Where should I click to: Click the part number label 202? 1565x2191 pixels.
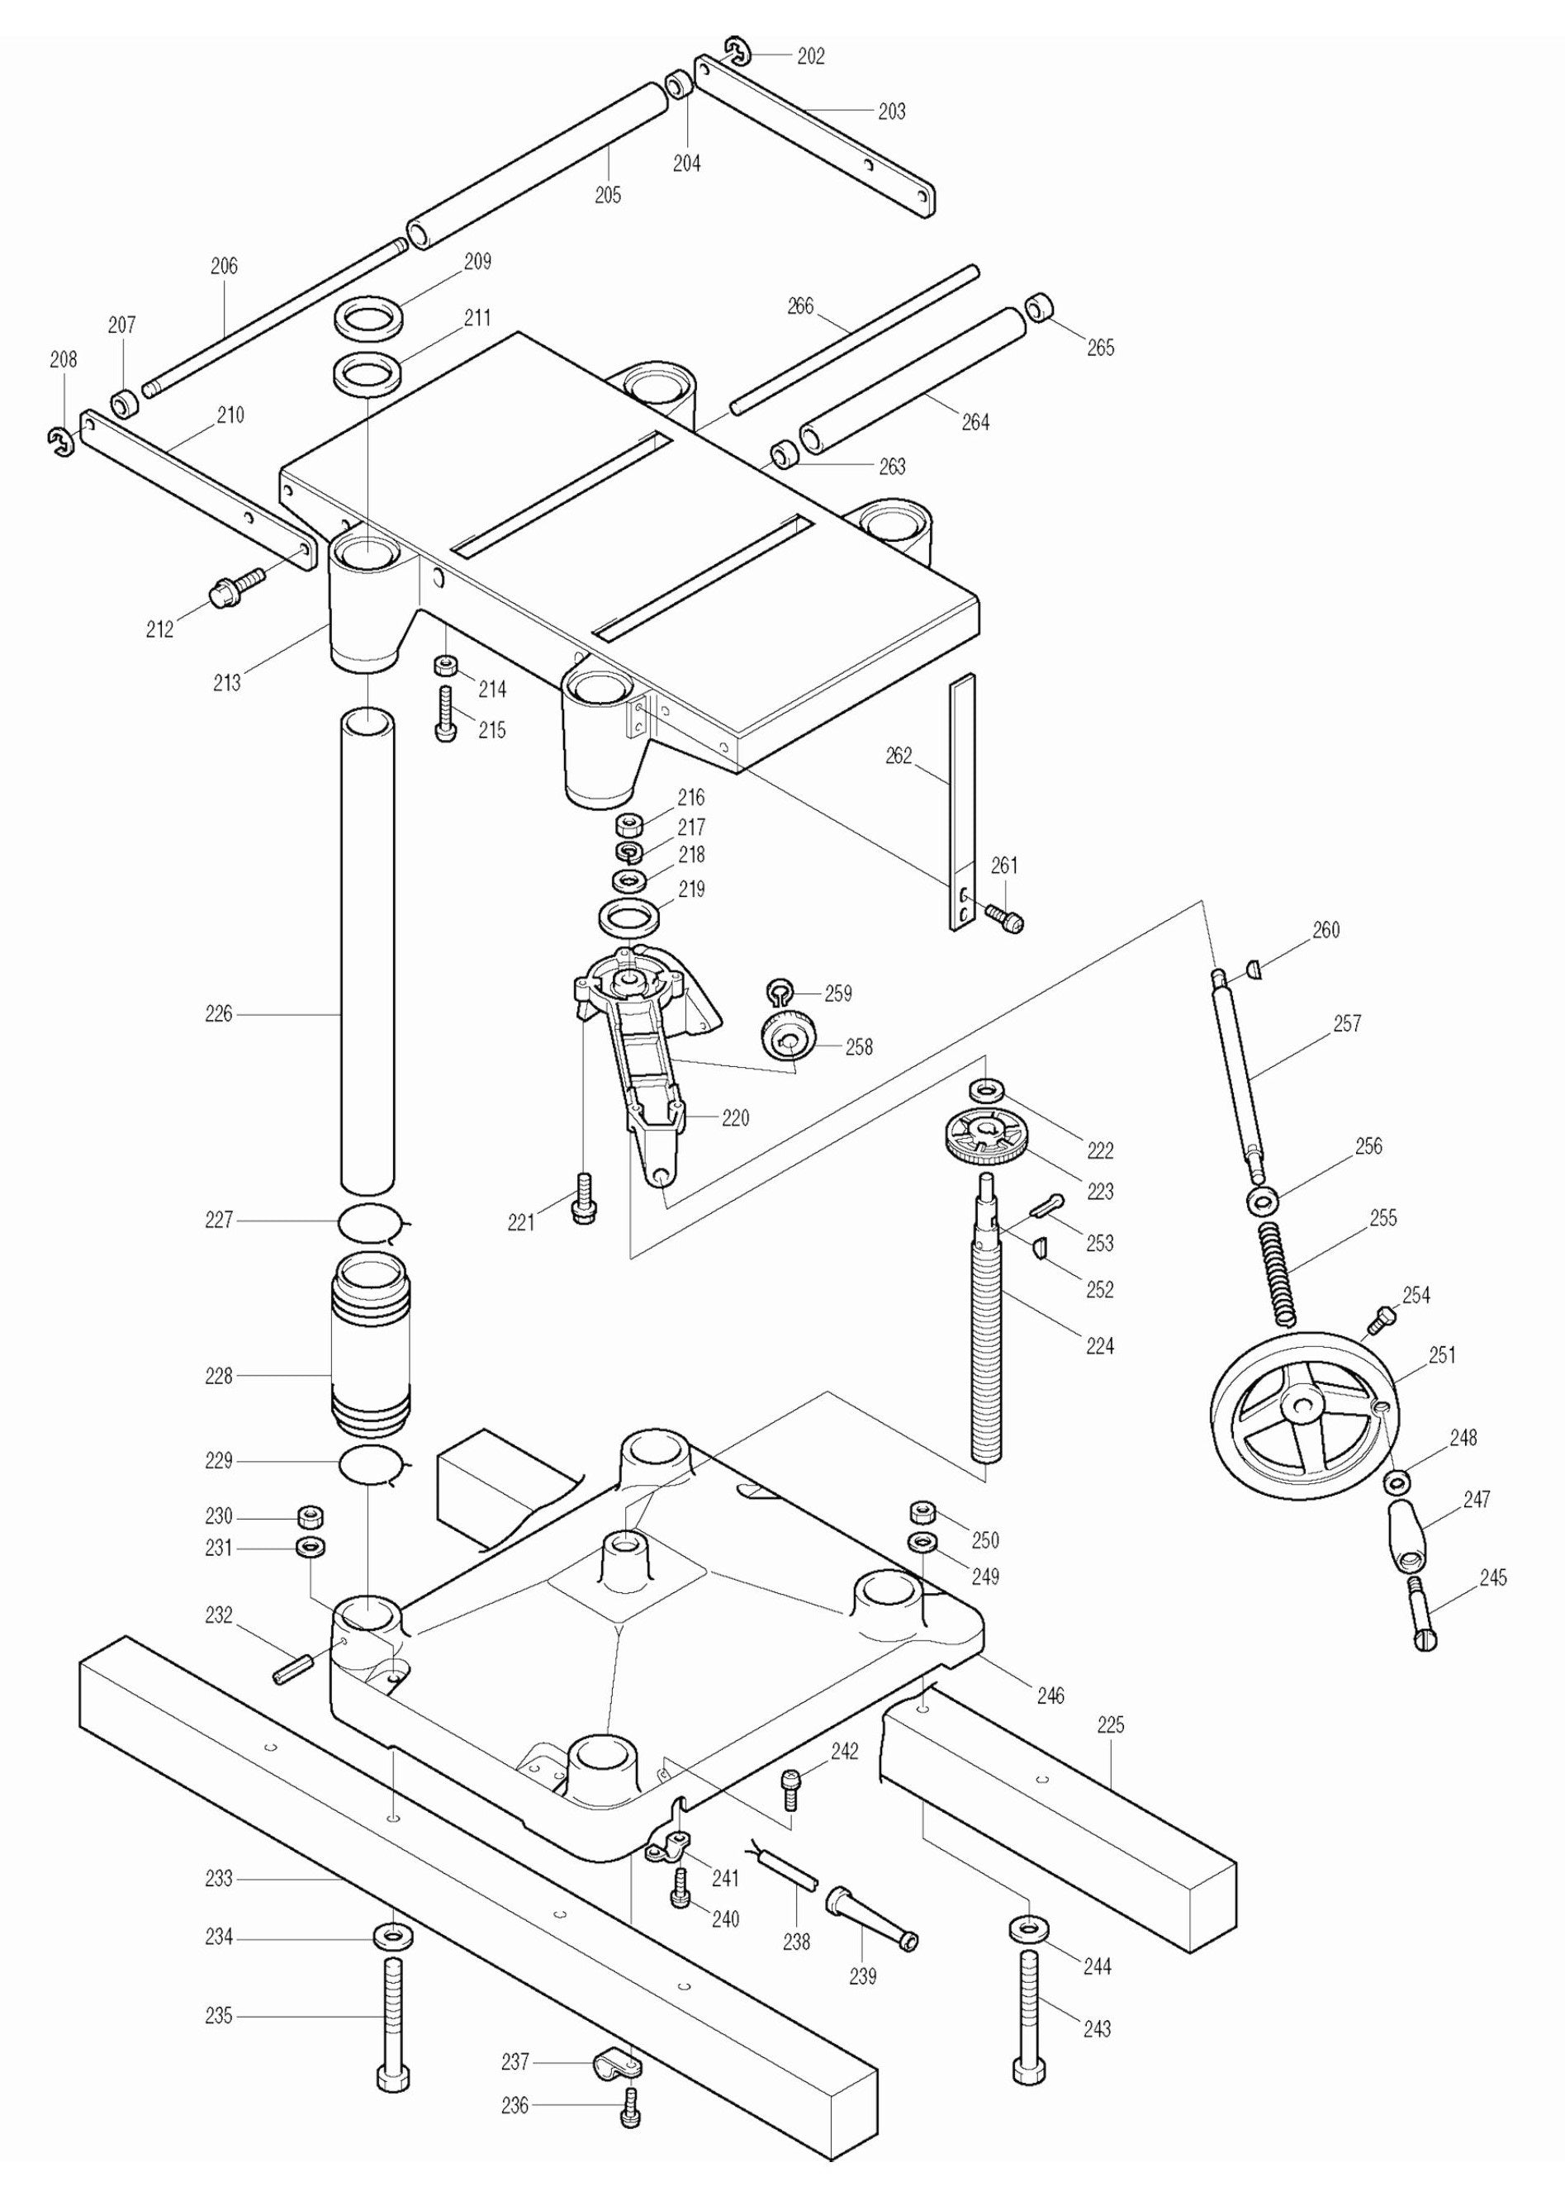pyautogui.click(x=810, y=56)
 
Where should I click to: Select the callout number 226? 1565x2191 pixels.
pyautogui.click(x=219, y=1013)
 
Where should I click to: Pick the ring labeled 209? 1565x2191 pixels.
pyautogui.click(x=369, y=315)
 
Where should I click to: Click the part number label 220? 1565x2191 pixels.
pyautogui.click(x=735, y=1117)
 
